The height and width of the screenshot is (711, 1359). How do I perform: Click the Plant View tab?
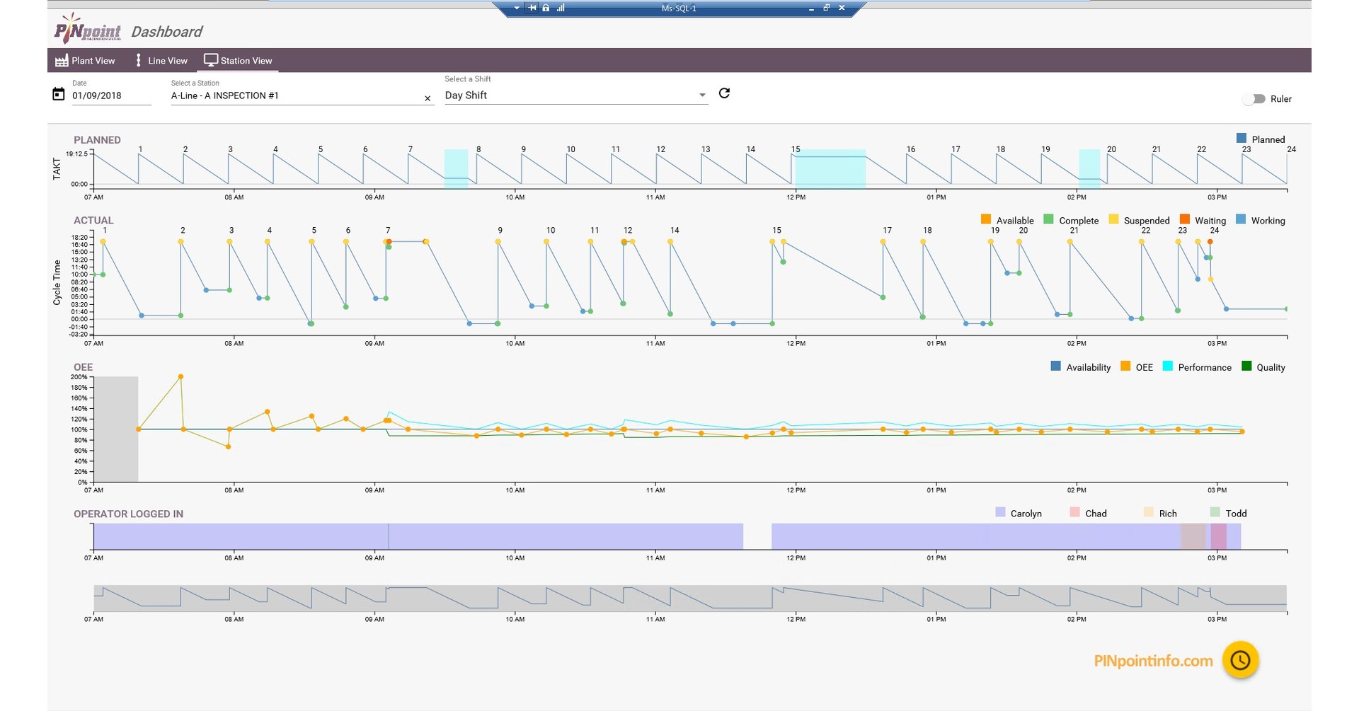point(85,61)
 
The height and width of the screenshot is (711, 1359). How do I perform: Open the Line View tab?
point(161,61)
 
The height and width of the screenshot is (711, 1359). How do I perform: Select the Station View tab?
point(239,61)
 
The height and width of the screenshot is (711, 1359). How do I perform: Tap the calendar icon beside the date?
point(59,94)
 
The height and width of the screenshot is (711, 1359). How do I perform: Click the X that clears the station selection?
point(428,98)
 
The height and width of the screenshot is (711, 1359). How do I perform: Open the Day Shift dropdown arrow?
point(701,95)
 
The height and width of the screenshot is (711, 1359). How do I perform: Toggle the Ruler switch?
point(1254,99)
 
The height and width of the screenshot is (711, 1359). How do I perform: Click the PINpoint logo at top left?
point(88,30)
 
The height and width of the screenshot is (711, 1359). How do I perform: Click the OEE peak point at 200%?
point(181,377)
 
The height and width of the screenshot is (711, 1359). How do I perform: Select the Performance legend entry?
point(1197,367)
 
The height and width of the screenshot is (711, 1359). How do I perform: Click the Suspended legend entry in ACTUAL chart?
point(1139,221)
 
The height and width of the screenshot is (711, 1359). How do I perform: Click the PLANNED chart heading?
point(97,140)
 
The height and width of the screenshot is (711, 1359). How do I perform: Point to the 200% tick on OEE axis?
point(79,377)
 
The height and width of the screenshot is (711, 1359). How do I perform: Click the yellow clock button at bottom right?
point(1239,660)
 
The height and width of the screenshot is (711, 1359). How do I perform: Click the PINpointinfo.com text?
point(1153,661)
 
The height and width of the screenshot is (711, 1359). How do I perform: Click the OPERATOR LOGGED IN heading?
point(128,514)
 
